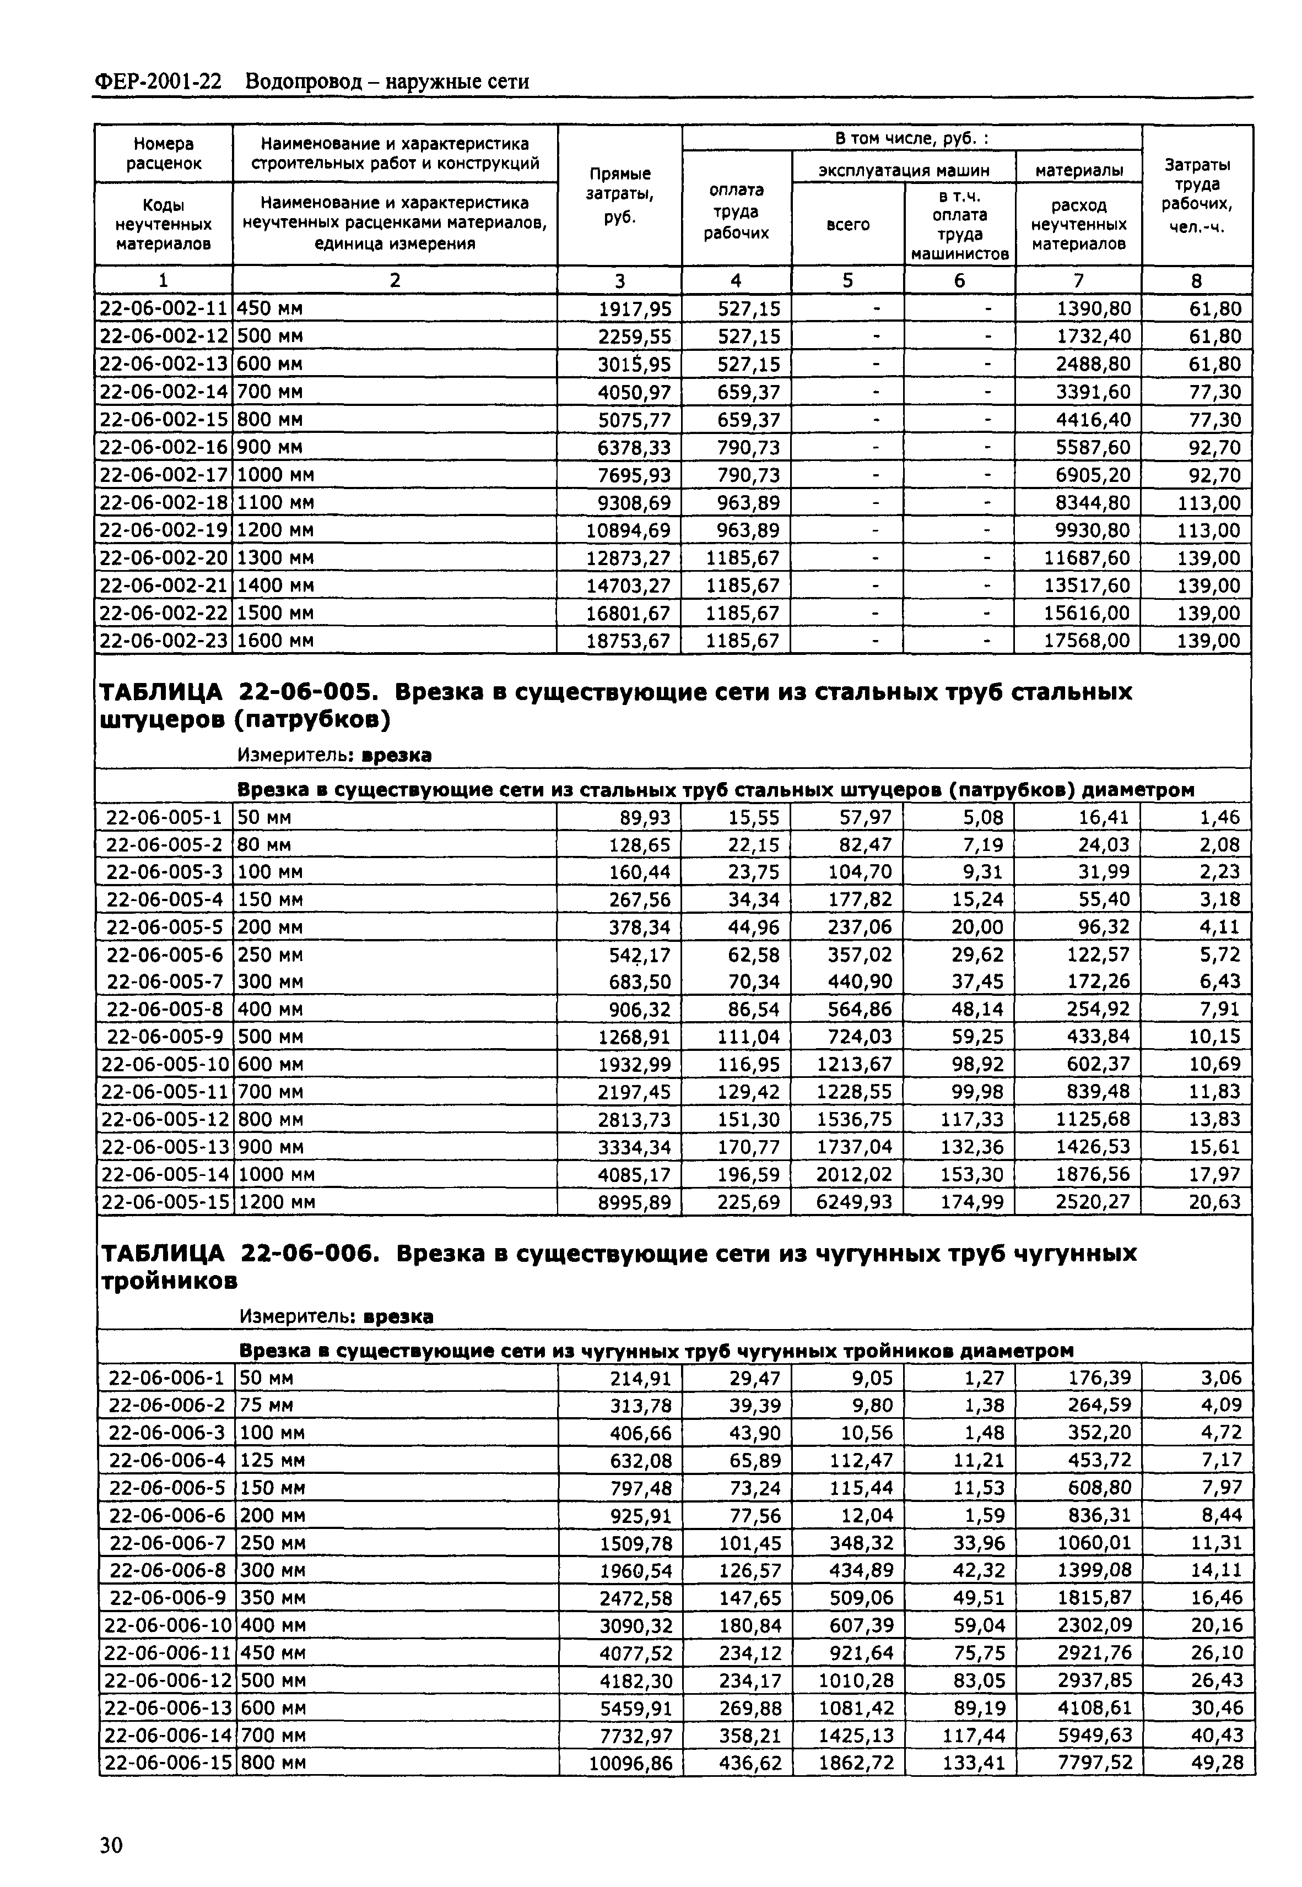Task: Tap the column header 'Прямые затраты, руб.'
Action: [x=620, y=195]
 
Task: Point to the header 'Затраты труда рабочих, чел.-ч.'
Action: [x=1197, y=195]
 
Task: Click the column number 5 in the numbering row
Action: [x=847, y=280]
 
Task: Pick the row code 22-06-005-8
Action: [x=165, y=1010]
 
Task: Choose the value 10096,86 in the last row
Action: [x=630, y=1763]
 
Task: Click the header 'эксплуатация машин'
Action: [x=903, y=170]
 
